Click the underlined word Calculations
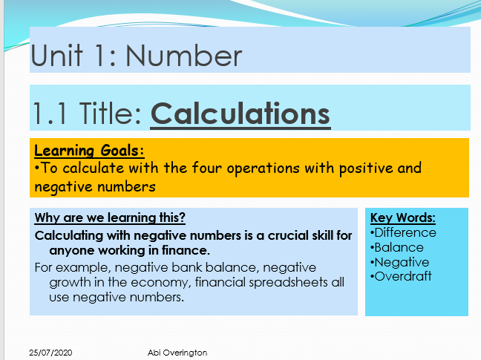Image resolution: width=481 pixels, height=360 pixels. click(x=240, y=114)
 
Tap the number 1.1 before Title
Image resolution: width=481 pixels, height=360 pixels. click(x=50, y=114)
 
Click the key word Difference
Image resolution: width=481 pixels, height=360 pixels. click(x=405, y=232)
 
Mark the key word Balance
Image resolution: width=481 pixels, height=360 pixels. click(x=399, y=247)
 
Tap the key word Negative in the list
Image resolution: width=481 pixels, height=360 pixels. click(x=402, y=262)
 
